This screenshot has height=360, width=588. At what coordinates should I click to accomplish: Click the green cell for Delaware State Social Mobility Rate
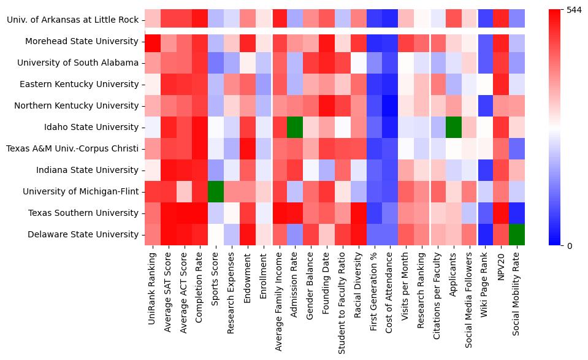[517, 234]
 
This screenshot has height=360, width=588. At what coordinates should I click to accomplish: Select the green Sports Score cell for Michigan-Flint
[216, 191]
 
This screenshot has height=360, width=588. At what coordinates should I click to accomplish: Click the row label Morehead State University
[82, 41]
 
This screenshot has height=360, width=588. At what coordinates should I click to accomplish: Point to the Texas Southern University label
[83, 213]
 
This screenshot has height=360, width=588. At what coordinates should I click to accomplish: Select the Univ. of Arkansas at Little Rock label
[72, 20]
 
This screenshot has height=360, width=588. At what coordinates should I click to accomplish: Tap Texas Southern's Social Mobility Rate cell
[517, 213]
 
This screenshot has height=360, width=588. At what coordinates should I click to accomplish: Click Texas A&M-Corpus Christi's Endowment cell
[248, 148]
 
